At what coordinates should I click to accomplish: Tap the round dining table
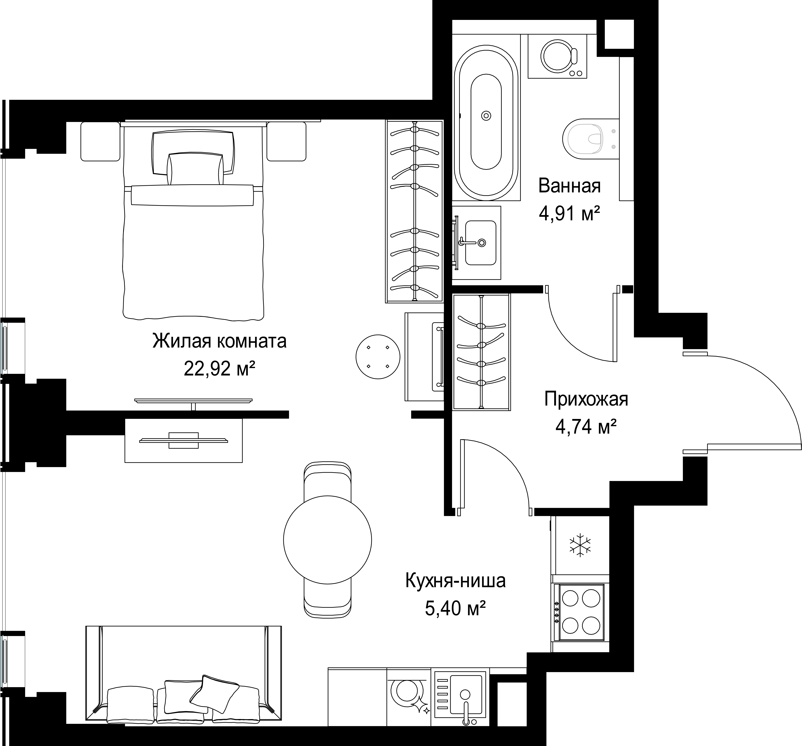click(x=327, y=540)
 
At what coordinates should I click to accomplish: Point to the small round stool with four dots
click(x=378, y=356)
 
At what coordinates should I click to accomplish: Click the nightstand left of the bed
click(x=101, y=142)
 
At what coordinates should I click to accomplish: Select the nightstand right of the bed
click(x=286, y=142)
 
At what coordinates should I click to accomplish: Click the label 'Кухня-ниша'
click(x=455, y=581)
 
